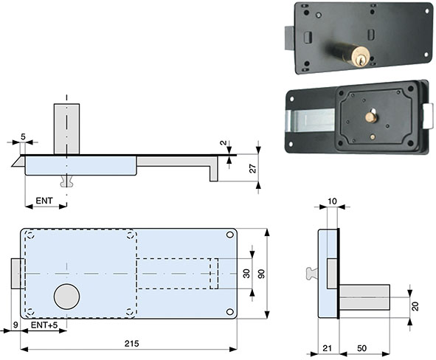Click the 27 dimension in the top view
coord(253,170)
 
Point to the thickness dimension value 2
coord(222,142)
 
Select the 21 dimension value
coord(328,348)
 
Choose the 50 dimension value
coord(363,348)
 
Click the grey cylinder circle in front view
coord(66,297)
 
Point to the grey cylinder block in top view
coord(66,129)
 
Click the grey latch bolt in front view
coord(15,274)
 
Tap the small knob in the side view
coord(310,274)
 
